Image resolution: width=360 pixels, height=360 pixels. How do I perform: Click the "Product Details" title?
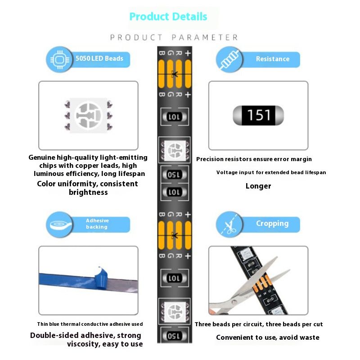(168, 17)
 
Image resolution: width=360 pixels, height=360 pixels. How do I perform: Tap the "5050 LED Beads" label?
(99, 58)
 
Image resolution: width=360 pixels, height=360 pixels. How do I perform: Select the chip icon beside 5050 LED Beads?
(60, 59)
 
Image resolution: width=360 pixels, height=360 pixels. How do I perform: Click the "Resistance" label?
(273, 59)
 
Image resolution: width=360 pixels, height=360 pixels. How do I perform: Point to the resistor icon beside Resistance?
(229, 59)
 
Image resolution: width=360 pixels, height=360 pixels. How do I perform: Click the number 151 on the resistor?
(258, 115)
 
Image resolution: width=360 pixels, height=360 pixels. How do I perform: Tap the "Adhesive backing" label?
(97, 224)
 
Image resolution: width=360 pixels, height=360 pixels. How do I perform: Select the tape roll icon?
(60, 225)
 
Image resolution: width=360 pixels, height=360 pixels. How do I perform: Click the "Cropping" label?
(272, 224)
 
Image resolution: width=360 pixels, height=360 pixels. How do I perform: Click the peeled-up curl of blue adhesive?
(101, 278)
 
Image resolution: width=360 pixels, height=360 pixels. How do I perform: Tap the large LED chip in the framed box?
(88, 115)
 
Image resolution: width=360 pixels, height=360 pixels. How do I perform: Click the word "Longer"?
(258, 186)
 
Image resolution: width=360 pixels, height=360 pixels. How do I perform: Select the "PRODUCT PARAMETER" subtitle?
(174, 37)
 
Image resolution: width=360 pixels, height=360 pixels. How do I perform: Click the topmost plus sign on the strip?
(188, 53)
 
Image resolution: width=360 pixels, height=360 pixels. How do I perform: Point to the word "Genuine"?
(42, 157)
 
